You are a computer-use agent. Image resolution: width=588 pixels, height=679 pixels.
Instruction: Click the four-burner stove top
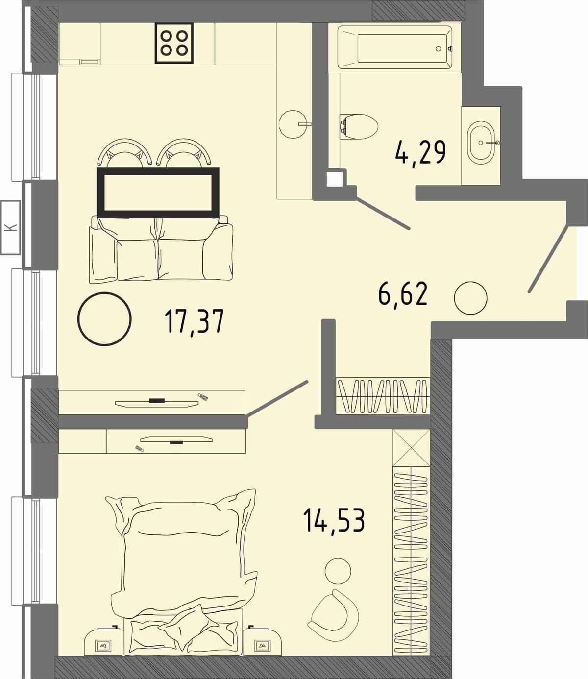174,43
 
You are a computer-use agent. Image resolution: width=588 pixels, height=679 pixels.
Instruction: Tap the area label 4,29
420,152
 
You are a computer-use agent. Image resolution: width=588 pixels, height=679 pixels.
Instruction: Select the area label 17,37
195,320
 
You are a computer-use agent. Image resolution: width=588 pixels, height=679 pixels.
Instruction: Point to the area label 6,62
403,293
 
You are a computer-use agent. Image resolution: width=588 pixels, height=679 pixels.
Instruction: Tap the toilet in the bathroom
359,126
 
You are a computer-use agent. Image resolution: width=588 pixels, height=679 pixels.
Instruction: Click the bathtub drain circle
438,48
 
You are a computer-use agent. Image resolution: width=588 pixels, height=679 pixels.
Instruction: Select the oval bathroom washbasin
482,142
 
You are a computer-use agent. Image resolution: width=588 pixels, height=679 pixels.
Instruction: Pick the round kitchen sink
294,124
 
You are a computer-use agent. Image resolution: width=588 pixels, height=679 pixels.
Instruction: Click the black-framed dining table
158,193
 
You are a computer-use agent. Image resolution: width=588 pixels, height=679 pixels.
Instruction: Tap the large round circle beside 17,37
104,318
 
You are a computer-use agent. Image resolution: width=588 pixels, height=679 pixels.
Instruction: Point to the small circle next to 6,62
470,298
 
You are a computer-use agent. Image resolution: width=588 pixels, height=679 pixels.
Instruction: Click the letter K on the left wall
11,227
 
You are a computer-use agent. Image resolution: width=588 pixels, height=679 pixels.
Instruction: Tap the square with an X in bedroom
411,448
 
